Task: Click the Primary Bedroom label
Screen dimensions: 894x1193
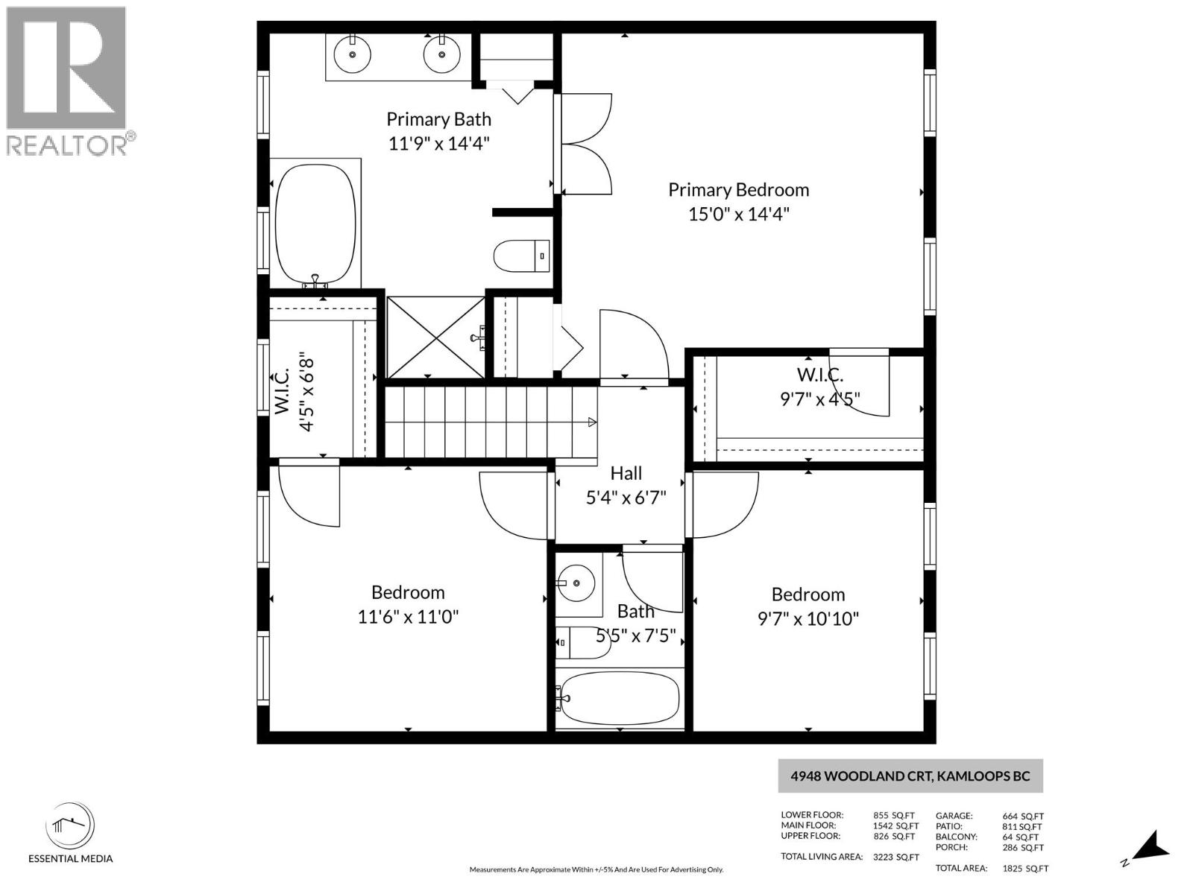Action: point(738,190)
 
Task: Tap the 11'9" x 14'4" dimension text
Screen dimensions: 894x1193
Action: point(438,143)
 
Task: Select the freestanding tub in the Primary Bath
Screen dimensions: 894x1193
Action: point(315,223)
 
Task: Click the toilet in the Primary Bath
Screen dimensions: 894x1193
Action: point(521,256)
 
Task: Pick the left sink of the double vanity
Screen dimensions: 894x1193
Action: point(352,54)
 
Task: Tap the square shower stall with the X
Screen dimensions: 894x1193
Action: point(436,337)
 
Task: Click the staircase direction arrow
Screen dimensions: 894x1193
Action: point(592,422)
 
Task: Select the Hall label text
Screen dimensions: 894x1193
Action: point(626,473)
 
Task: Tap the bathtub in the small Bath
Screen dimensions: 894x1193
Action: point(620,699)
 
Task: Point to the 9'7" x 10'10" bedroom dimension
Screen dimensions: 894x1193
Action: point(808,618)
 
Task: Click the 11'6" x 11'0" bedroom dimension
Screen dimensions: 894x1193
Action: point(408,617)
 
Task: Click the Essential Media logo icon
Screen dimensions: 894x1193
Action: point(70,825)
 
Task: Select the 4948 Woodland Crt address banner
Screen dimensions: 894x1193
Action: point(910,776)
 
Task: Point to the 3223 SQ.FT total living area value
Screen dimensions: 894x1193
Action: point(895,857)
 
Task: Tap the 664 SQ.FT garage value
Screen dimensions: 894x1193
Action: point(1022,816)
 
